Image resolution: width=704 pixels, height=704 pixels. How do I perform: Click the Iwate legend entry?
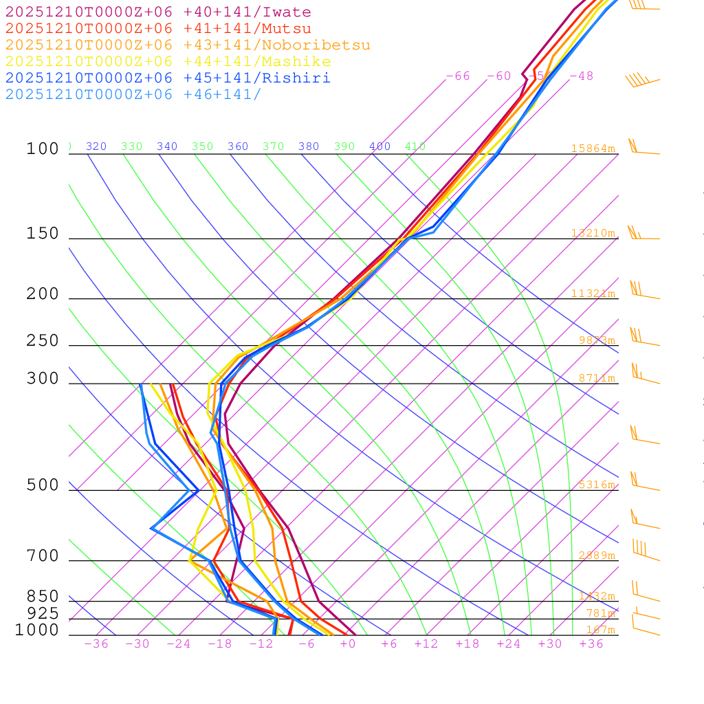pyautogui.click(x=158, y=12)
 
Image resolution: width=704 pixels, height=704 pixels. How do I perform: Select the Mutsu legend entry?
pyautogui.click(x=158, y=29)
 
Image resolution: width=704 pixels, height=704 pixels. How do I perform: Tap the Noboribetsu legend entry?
pyautogui.click(x=188, y=45)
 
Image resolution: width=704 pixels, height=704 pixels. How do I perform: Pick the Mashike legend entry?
pyautogui.click(x=168, y=62)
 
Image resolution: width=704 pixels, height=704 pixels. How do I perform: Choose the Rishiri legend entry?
pyautogui.click(x=168, y=78)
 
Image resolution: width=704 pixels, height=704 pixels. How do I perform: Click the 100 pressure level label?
pyautogui.click(x=43, y=149)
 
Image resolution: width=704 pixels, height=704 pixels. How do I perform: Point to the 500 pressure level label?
pyautogui.click(x=43, y=485)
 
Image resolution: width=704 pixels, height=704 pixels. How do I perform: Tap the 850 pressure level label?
pyautogui.click(x=43, y=596)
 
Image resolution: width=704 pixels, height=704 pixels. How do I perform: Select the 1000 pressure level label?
pyautogui.click(x=37, y=630)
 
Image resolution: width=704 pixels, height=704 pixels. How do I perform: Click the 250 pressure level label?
pyautogui.click(x=43, y=341)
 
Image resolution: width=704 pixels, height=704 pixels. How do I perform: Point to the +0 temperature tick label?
pyautogui.click(x=348, y=644)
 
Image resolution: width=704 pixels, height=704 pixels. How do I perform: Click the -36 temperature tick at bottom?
pyautogui.click(x=96, y=644)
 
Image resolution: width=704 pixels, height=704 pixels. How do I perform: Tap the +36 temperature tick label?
pyautogui.click(x=591, y=644)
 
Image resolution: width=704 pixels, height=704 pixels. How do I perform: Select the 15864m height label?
pyautogui.click(x=593, y=148)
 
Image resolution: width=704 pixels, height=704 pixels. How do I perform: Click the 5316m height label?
pyautogui.click(x=596, y=485)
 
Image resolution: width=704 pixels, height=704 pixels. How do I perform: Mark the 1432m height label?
pyautogui.click(x=596, y=596)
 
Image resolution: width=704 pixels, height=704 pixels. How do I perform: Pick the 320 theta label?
pyautogui.click(x=96, y=146)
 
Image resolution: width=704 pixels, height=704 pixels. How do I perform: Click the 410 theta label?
pyautogui.click(x=415, y=146)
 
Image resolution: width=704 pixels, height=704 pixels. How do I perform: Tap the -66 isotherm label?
pyautogui.click(x=458, y=76)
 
